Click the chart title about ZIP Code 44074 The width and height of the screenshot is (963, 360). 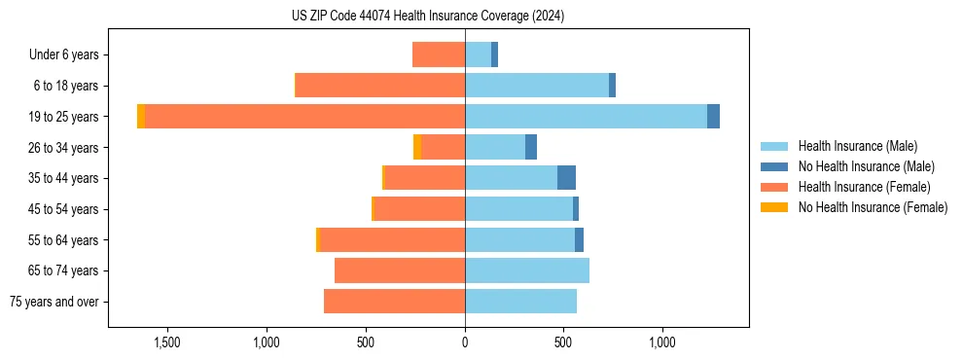(428, 16)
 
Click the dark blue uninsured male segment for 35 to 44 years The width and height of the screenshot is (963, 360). (566, 178)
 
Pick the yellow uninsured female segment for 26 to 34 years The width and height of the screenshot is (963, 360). (417, 148)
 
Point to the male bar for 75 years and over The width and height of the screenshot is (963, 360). (520, 302)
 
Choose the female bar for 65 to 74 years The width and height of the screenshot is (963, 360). (400, 270)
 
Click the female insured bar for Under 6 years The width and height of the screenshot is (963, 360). (439, 55)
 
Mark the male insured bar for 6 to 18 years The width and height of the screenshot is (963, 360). (537, 86)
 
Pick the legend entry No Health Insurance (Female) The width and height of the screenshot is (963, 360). (873, 207)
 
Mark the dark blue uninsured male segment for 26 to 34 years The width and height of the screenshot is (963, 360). (531, 148)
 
